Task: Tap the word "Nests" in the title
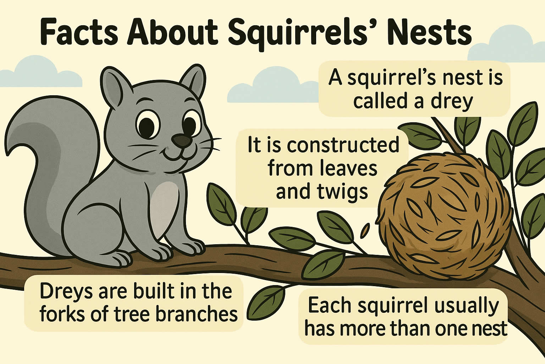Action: click(428, 34)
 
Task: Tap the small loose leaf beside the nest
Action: click(365, 230)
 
